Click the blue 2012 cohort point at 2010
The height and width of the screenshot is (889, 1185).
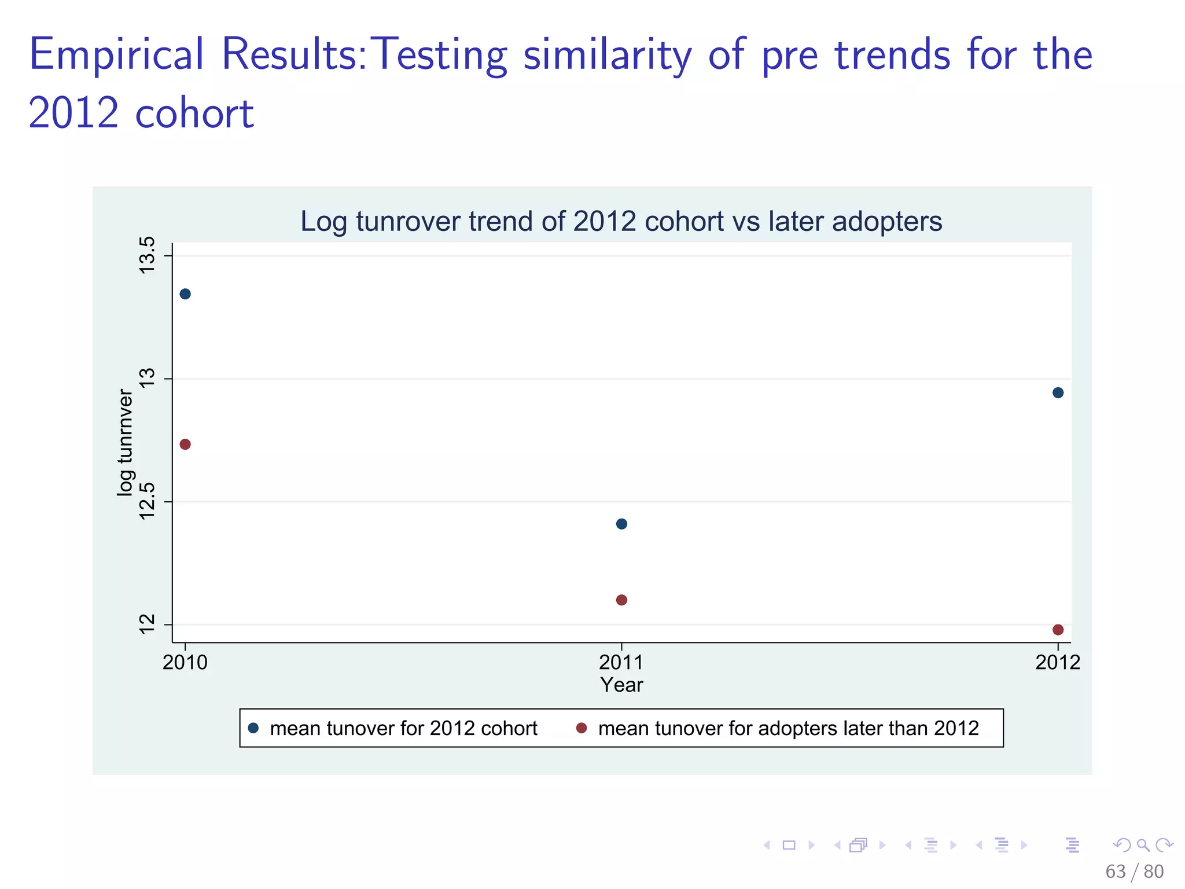185,293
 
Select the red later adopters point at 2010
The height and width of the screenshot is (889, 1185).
185,444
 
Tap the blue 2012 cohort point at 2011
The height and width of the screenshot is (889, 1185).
621,524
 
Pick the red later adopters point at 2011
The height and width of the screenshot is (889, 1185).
621,600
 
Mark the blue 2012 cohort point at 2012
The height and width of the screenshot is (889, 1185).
1058,392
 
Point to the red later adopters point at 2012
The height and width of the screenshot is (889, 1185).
1058,630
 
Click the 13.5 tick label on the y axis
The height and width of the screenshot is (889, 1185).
148,256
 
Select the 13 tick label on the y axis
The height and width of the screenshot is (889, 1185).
148,379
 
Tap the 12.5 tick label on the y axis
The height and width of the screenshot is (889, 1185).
148,501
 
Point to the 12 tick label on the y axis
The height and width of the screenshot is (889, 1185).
148,624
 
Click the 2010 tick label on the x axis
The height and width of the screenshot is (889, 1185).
185,662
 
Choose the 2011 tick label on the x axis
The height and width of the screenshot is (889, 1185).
621,662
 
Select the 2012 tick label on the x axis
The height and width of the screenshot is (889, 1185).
1058,662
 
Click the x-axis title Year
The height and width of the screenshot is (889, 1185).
621,685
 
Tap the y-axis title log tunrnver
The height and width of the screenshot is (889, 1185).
125,443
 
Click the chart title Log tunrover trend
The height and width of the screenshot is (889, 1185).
621,222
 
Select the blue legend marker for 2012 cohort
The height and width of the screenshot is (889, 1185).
253,728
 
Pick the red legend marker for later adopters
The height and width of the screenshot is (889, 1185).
582,728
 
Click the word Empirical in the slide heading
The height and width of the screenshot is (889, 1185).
116,54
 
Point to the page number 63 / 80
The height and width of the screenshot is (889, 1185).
1134,871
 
